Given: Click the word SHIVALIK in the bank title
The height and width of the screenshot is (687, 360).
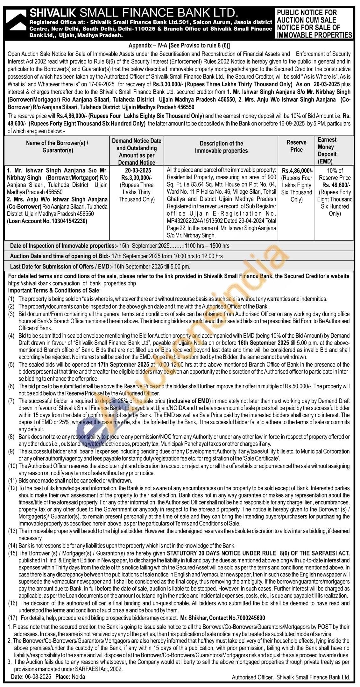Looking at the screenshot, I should point(53,13).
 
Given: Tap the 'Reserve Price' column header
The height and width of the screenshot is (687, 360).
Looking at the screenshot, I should point(296,146).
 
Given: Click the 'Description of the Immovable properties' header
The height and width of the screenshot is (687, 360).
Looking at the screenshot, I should point(221,147).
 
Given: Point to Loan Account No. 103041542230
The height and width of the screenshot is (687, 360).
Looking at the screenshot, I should point(47,221).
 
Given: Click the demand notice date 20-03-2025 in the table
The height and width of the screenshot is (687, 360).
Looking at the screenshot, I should point(138,171).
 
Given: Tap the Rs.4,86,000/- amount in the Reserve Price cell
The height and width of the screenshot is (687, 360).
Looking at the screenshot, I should point(297,171).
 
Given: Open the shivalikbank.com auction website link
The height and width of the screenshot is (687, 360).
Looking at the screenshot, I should point(72,283).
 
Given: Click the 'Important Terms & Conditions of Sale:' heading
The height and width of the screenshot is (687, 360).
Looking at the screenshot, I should point(54,290).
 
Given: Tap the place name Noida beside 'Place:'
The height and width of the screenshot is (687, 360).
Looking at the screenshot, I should point(78,676).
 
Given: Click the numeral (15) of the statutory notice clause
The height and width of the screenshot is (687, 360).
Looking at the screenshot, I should point(13,553).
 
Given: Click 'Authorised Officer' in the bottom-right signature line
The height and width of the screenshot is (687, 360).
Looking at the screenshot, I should point(252,677).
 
